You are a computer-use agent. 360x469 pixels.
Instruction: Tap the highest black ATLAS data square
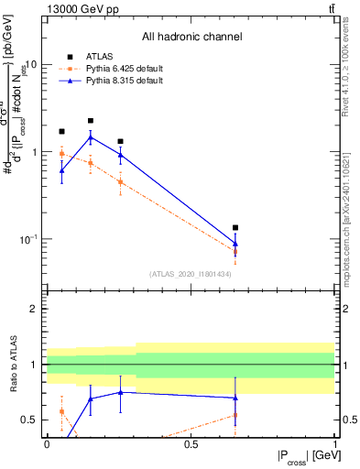pos(91,121)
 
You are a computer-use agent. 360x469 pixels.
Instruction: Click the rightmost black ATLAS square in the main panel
pos(235,227)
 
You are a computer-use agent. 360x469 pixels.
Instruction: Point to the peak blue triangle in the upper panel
pos(91,137)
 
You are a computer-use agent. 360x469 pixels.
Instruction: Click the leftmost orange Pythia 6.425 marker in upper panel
pos(61,154)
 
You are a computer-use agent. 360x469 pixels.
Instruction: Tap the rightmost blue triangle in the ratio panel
pos(235,398)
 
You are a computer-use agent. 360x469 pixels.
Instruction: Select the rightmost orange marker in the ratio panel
pos(235,415)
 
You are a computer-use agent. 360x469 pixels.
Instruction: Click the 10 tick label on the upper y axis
pos(30,65)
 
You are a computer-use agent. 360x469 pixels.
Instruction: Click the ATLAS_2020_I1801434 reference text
pos(191,274)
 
